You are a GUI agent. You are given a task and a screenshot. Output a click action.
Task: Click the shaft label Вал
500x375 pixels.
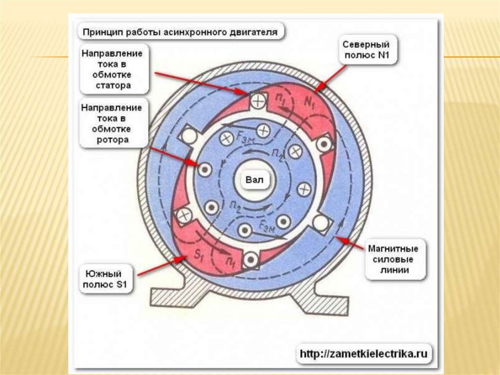[x=254, y=180]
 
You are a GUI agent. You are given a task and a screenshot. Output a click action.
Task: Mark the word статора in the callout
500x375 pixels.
[x=113, y=86]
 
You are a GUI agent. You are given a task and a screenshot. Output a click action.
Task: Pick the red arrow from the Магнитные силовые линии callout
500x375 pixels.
[x=351, y=243]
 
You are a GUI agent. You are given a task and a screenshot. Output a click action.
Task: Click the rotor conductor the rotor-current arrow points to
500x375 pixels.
[x=205, y=169]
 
